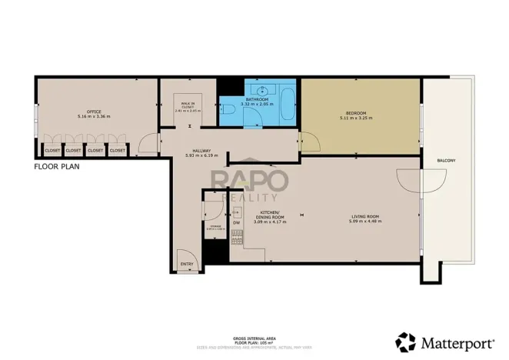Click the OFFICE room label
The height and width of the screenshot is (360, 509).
pos(94,112)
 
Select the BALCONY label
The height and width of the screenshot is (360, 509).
pos(446,160)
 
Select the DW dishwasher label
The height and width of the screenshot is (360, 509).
pos(236,223)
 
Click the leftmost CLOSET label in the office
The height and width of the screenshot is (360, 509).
pos(52,150)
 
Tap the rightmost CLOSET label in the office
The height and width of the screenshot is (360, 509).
pos(117,150)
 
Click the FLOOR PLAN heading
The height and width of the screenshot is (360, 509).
pos(58,165)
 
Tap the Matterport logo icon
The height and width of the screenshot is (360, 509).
pos(405,341)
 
